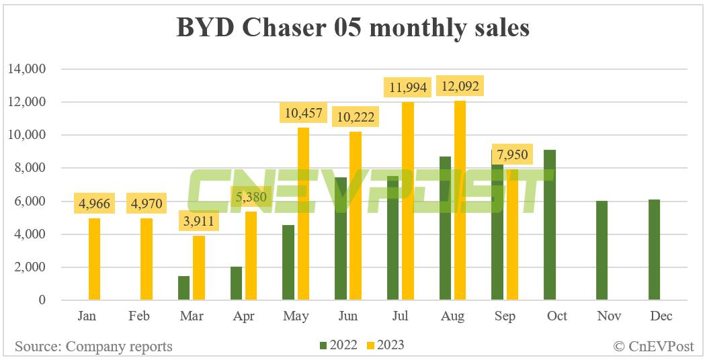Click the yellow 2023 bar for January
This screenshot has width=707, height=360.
click(x=94, y=259)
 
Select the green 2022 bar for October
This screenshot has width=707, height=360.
click(x=550, y=225)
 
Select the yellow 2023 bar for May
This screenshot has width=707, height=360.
click(x=302, y=214)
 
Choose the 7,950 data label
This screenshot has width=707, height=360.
click(x=512, y=154)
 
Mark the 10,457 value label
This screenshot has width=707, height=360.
click(x=302, y=113)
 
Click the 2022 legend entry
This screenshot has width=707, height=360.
click(x=338, y=346)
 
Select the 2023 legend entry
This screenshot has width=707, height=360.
click(x=385, y=346)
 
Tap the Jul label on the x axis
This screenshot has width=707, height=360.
click(x=400, y=316)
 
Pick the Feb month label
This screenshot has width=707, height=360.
click(x=138, y=316)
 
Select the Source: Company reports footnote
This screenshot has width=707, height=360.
click(x=93, y=347)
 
